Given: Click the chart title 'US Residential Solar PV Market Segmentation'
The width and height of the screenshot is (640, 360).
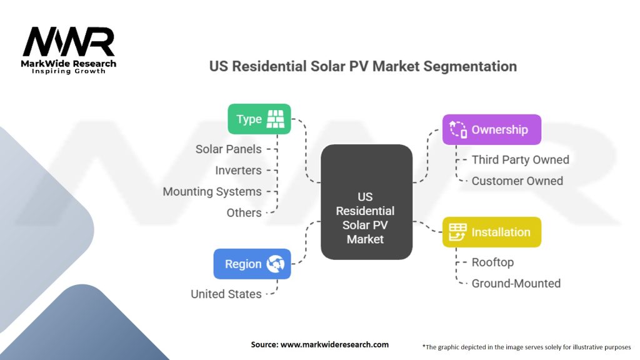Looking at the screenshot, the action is [x=363, y=66].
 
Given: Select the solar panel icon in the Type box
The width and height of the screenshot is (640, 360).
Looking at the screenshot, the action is [x=275, y=119].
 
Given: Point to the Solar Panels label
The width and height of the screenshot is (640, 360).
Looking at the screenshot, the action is [x=229, y=149].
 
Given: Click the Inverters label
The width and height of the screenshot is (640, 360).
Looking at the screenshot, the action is [x=238, y=171].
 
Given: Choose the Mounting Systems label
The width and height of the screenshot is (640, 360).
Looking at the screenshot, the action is [x=212, y=192].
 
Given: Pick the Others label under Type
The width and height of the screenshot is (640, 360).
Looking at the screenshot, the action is [x=244, y=213].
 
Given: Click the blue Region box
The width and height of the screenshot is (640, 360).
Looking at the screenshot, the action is [x=252, y=264].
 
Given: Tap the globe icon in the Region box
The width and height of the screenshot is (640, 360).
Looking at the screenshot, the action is [x=276, y=264].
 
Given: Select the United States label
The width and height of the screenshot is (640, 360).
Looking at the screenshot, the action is [x=226, y=294].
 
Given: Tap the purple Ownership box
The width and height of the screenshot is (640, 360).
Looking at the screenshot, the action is [x=491, y=129].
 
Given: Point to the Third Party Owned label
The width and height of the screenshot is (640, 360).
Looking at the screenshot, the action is [x=520, y=160].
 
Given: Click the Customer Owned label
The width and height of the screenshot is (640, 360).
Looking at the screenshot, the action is [x=517, y=181].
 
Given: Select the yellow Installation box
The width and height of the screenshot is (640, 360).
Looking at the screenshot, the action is [x=491, y=232].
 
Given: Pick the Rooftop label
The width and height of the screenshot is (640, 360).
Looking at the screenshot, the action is [x=492, y=262].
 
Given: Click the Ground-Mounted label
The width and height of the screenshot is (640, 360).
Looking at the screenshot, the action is [x=516, y=283].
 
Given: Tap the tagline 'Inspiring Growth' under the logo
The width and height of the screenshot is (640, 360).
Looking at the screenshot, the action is [x=69, y=71].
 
